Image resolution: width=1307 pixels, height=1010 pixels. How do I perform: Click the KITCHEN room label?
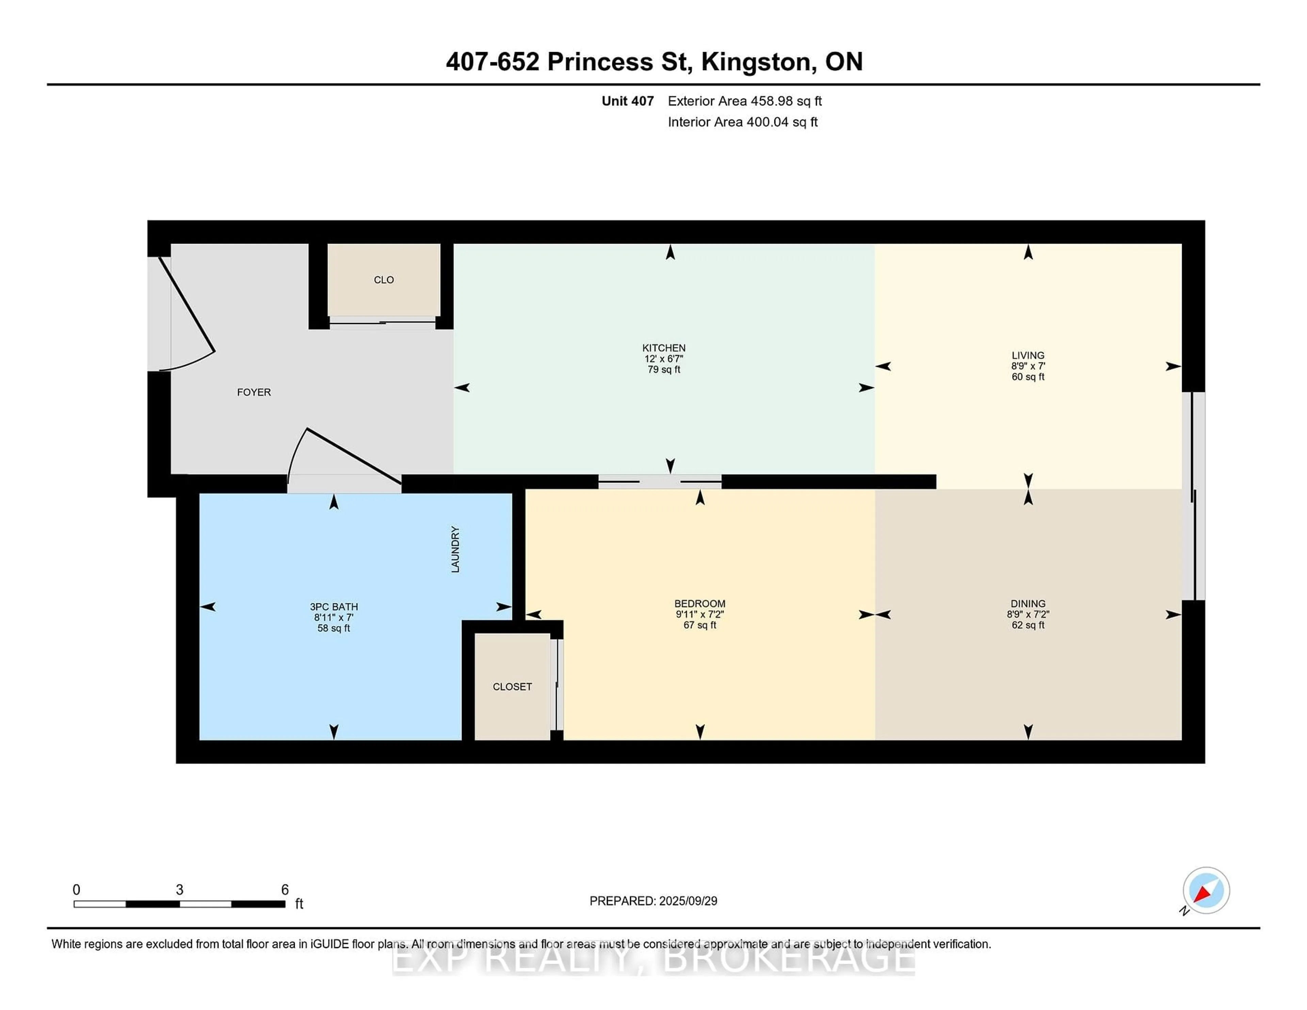pyautogui.click(x=664, y=348)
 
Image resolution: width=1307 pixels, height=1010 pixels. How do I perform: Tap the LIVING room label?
pyautogui.click(x=1028, y=355)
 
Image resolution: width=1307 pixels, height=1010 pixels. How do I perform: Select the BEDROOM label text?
pyautogui.click(x=699, y=604)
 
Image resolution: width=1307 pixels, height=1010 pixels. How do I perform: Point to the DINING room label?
pyautogui.click(x=1028, y=604)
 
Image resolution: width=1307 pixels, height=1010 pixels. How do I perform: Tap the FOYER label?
pyautogui.click(x=254, y=392)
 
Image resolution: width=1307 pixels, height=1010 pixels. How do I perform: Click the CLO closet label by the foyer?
pyautogui.click(x=384, y=279)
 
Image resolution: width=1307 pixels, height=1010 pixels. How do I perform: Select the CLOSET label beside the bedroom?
pyautogui.click(x=512, y=686)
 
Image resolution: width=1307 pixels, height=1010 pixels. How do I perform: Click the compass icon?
pyautogui.click(x=1206, y=890)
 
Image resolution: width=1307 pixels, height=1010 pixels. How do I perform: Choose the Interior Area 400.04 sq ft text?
pyautogui.click(x=743, y=122)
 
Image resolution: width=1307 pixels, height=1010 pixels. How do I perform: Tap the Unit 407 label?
pyautogui.click(x=628, y=101)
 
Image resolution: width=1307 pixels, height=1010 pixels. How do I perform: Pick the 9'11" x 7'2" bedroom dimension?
pyautogui.click(x=699, y=615)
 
